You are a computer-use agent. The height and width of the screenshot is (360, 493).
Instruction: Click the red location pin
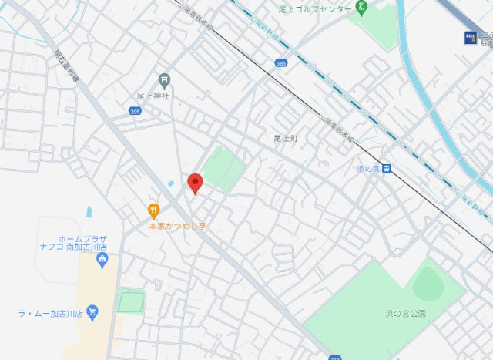pos(196,183)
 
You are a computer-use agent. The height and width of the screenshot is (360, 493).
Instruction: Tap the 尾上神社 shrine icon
pos(163,79)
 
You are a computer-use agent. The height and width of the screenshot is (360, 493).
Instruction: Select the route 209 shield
pos(136,112)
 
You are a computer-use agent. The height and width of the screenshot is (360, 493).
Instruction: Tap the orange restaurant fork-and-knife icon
pos(153,210)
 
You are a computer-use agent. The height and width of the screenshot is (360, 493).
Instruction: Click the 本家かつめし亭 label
pos(178,227)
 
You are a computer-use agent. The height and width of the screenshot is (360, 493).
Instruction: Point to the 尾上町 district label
pos(285,138)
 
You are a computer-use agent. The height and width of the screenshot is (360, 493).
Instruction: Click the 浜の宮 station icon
pos(386,169)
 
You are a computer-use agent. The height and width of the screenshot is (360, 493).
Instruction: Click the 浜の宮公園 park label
pos(406,314)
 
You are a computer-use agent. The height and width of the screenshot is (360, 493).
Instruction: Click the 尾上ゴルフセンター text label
pos(315,9)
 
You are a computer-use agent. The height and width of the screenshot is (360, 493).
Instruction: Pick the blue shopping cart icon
pos(93,313)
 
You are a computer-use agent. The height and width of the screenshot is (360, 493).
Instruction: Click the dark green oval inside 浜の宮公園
pos(428,286)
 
